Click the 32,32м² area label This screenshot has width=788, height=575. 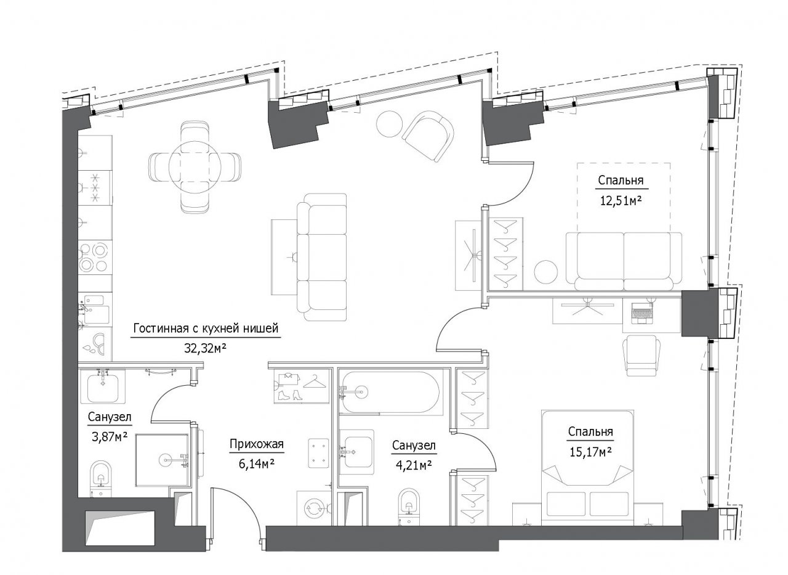pyautogui.click(x=205, y=348)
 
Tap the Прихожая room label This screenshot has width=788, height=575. pyautogui.click(x=257, y=444)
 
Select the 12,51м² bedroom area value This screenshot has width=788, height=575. pyautogui.click(x=621, y=201)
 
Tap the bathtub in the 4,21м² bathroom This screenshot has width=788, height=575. pyautogui.click(x=390, y=392)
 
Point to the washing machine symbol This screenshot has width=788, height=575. pyautogui.click(x=314, y=508)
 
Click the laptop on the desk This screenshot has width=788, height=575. pyautogui.click(x=641, y=313)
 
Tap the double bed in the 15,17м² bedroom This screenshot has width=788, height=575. pyautogui.click(x=587, y=468)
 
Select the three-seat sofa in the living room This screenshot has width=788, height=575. pyautogui.click(x=321, y=257)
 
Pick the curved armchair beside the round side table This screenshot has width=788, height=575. pyautogui.click(x=428, y=136)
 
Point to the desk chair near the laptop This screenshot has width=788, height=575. pyautogui.click(x=641, y=356)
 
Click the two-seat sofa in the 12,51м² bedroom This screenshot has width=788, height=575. pyautogui.click(x=624, y=261)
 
